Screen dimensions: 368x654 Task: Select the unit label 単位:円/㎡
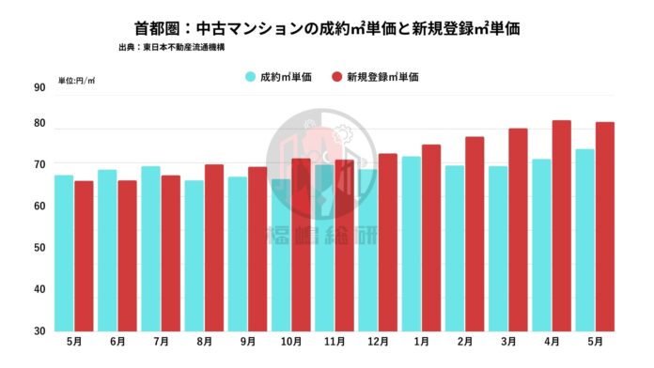click(76, 80)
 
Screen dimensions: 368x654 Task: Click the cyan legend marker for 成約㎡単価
click(251, 76)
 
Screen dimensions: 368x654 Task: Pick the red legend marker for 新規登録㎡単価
click(337, 76)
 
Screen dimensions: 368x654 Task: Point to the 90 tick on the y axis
click(39, 88)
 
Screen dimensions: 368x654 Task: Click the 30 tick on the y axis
click(39, 330)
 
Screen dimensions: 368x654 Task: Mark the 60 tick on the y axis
click(39, 206)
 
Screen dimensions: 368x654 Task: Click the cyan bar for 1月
click(412, 243)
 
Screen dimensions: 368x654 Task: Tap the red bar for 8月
click(214, 247)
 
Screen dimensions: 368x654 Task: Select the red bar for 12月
click(388, 241)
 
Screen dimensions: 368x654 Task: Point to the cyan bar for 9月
click(238, 253)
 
